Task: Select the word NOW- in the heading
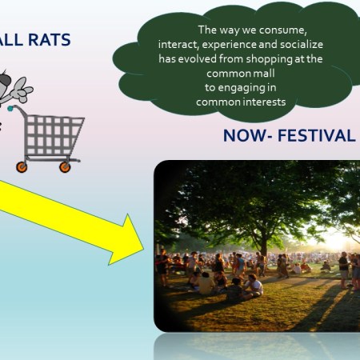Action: pos(246,135)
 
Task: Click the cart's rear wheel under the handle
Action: pos(22,167)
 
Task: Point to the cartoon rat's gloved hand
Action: pos(22,90)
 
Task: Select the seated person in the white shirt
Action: pos(254,285)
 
